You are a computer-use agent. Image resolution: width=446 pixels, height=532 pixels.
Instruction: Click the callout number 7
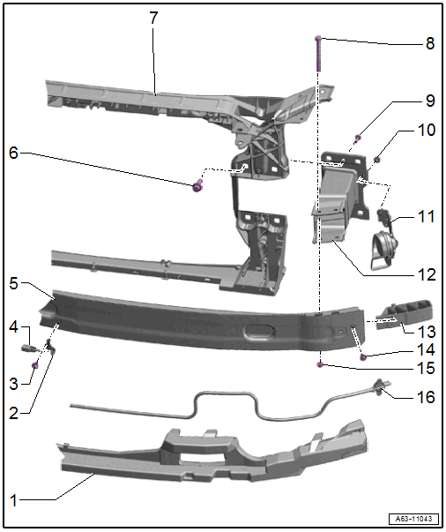click(x=153, y=18)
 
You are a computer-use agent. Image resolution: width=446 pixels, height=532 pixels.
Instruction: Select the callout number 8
click(x=430, y=43)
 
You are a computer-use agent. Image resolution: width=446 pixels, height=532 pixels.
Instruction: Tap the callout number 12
click(x=427, y=274)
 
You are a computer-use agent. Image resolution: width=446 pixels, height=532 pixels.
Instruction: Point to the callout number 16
click(x=426, y=397)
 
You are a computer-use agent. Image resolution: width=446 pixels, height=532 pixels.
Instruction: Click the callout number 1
click(x=13, y=500)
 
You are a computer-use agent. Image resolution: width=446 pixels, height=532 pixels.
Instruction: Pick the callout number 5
click(x=13, y=283)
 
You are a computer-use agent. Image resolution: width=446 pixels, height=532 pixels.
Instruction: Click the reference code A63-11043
click(x=413, y=519)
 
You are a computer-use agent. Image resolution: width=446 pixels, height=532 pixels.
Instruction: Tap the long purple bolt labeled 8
click(x=318, y=53)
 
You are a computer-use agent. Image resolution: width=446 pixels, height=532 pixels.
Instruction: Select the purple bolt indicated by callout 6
click(x=197, y=186)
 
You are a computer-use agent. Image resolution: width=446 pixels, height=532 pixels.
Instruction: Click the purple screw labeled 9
click(x=357, y=138)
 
